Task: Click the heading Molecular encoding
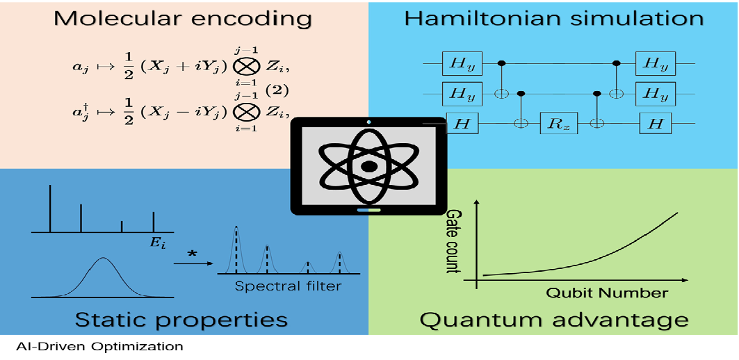coord(184,19)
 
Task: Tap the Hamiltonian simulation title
coord(553,18)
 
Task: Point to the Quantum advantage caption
coord(554,321)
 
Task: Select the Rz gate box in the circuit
coord(558,123)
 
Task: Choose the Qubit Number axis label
coord(607,293)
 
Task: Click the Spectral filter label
coord(288,286)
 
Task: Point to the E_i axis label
coord(158,243)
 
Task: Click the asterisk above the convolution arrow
coord(192,254)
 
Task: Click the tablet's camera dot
coord(369,122)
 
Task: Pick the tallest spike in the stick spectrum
coord(51,208)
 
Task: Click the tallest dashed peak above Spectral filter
coord(236,250)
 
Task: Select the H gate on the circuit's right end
coord(656,124)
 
